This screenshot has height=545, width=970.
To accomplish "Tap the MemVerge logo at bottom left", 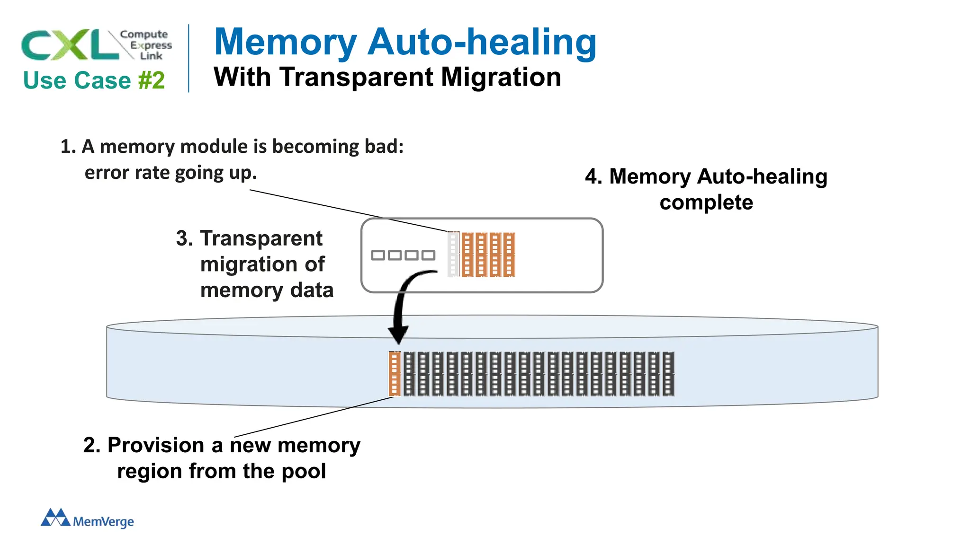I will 87,519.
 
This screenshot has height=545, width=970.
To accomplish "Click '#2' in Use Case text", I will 152,80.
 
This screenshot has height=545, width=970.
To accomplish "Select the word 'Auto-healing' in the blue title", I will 482,43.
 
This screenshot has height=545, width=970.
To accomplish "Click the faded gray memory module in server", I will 453,255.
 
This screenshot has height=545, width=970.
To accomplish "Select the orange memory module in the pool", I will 394,374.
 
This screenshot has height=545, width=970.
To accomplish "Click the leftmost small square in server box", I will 378,255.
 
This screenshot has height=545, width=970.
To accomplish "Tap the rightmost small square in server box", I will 428,255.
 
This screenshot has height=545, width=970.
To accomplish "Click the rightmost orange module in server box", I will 509,255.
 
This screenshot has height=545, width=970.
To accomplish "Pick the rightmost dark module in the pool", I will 668,374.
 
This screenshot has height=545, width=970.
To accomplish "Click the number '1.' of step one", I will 68,147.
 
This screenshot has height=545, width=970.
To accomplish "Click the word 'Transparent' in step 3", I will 261,238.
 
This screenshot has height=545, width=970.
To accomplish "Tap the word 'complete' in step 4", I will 706,203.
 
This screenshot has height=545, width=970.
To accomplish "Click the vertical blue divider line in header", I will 189,58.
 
